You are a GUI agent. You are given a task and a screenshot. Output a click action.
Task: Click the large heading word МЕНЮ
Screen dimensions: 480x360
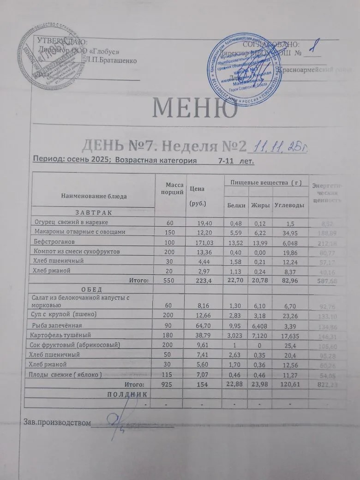click(x=195, y=108)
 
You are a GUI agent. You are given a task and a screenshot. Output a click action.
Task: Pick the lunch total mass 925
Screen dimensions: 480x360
click(x=170, y=384)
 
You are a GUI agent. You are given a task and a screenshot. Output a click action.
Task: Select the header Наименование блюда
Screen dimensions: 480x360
click(x=94, y=196)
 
